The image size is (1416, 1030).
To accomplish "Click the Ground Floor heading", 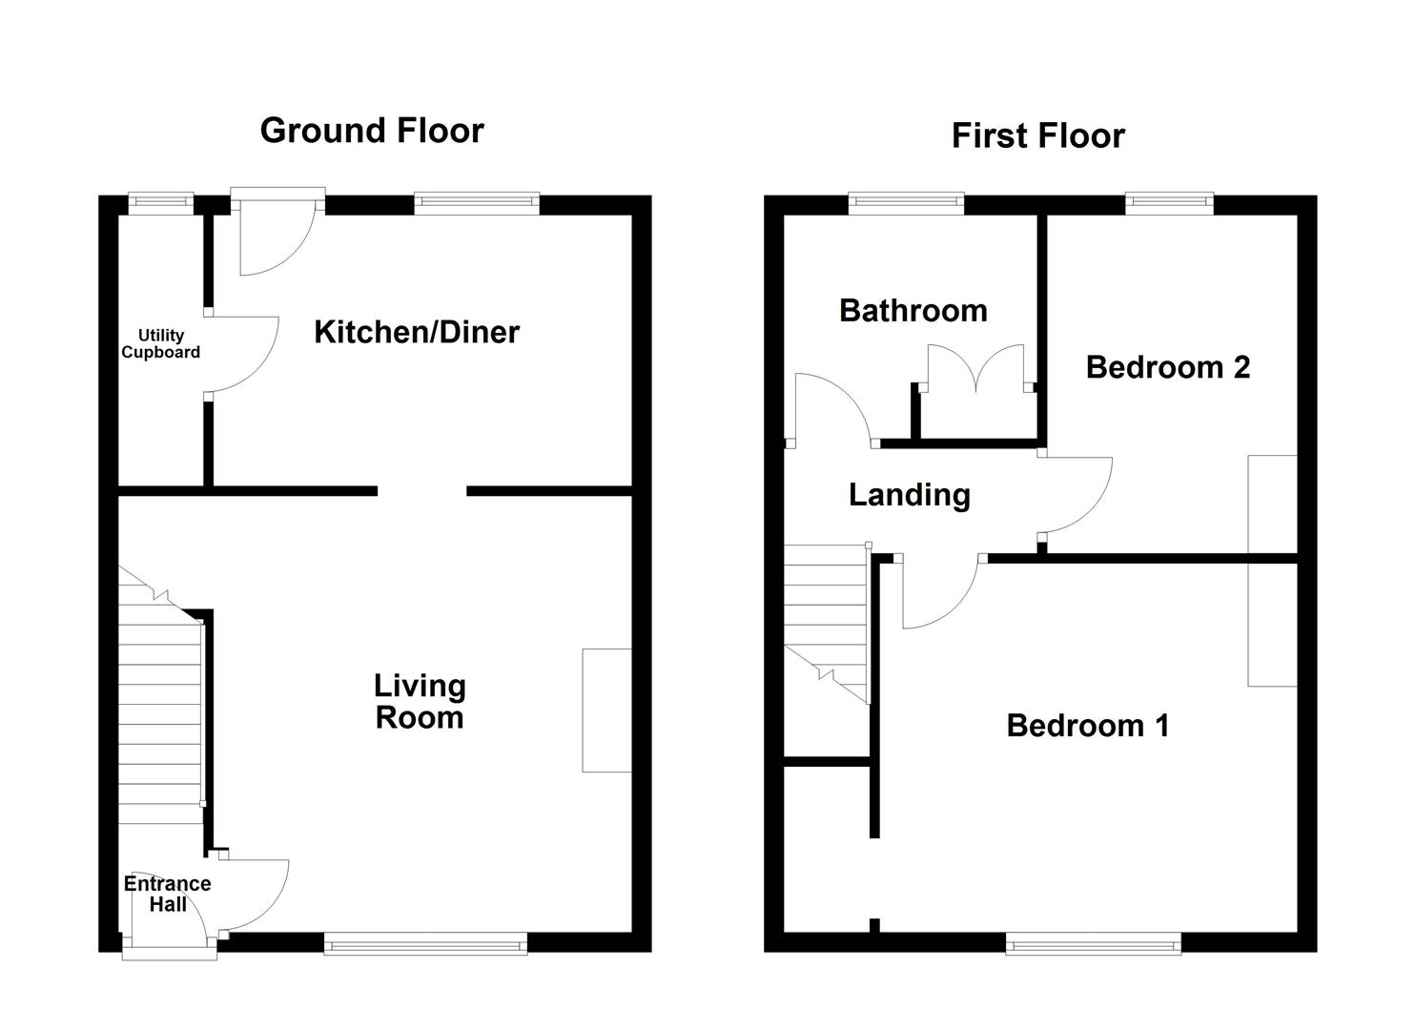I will [372, 131].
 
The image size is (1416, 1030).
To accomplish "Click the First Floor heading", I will [1037, 135].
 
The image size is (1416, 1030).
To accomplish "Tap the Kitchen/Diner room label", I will [417, 332].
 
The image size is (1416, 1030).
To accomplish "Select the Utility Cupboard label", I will [160, 343].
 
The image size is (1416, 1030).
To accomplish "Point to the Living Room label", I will [420, 701].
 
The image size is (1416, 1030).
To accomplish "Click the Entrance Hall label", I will [167, 894].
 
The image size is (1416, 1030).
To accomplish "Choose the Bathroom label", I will [913, 310].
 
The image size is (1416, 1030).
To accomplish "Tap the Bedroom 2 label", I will [1167, 367].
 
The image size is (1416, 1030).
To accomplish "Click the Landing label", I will [909, 494].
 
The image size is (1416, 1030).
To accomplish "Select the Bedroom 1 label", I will [1087, 726].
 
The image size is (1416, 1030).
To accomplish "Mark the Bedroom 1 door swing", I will [939, 596].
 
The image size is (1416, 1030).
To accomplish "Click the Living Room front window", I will [425, 944].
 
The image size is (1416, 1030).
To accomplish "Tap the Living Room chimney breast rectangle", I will [606, 710].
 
